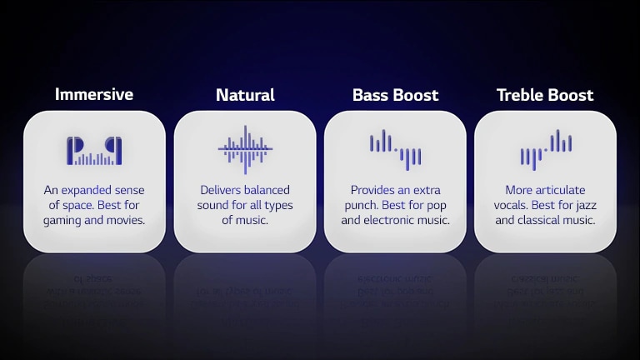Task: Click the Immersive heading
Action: (x=94, y=94)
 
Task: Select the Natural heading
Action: (x=245, y=95)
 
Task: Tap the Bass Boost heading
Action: (x=395, y=95)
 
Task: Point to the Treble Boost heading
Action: (x=545, y=95)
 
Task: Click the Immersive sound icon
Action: (x=94, y=151)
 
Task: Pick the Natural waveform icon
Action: (x=245, y=150)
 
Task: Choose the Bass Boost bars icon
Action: (x=395, y=149)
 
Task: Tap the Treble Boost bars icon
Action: (x=545, y=149)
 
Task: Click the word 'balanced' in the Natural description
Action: (x=267, y=190)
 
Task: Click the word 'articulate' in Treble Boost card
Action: (x=558, y=190)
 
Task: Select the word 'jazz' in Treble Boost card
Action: (x=586, y=205)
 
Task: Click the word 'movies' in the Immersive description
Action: (x=125, y=220)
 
